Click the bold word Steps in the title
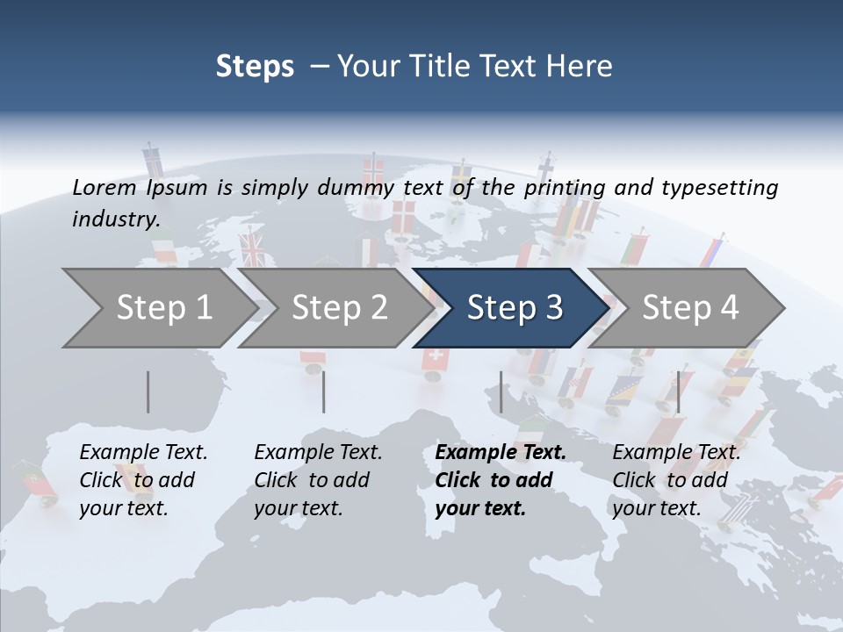255,66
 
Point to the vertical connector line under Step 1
148,391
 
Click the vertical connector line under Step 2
324,391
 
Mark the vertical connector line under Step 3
501,391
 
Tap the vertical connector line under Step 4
678,391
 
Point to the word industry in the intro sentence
116,219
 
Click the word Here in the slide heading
584,66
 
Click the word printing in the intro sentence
565,187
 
